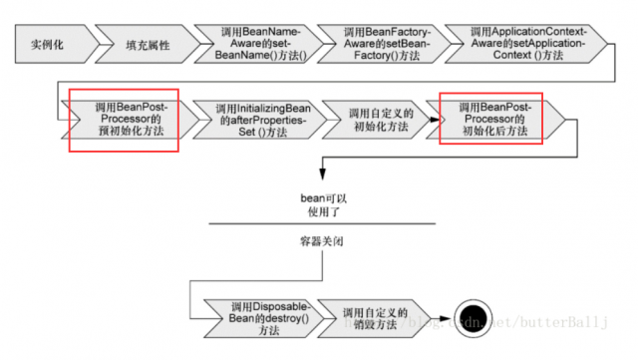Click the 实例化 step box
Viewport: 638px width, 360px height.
coord(49,46)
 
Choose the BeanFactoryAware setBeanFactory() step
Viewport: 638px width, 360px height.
coord(384,46)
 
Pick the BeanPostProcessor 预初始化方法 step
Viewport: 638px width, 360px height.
coord(123,118)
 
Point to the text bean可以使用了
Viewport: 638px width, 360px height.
coord(324,205)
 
